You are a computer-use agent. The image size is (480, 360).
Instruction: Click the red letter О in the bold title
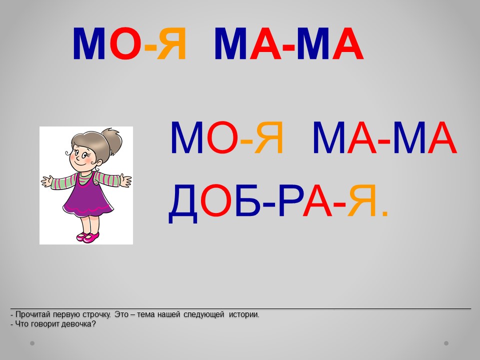(125, 43)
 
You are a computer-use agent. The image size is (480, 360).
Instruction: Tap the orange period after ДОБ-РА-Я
(385, 213)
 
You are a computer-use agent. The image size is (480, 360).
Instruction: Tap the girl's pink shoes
(88, 237)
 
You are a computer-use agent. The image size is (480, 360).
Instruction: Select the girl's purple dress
(87, 196)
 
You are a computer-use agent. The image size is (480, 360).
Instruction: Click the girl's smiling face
(83, 157)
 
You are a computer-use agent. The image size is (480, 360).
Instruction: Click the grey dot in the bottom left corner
(32, 343)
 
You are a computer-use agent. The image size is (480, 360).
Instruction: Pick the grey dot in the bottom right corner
(446, 343)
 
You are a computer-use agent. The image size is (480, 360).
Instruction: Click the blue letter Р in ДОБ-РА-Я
(290, 201)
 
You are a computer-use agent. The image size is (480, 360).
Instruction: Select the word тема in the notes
(145, 314)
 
